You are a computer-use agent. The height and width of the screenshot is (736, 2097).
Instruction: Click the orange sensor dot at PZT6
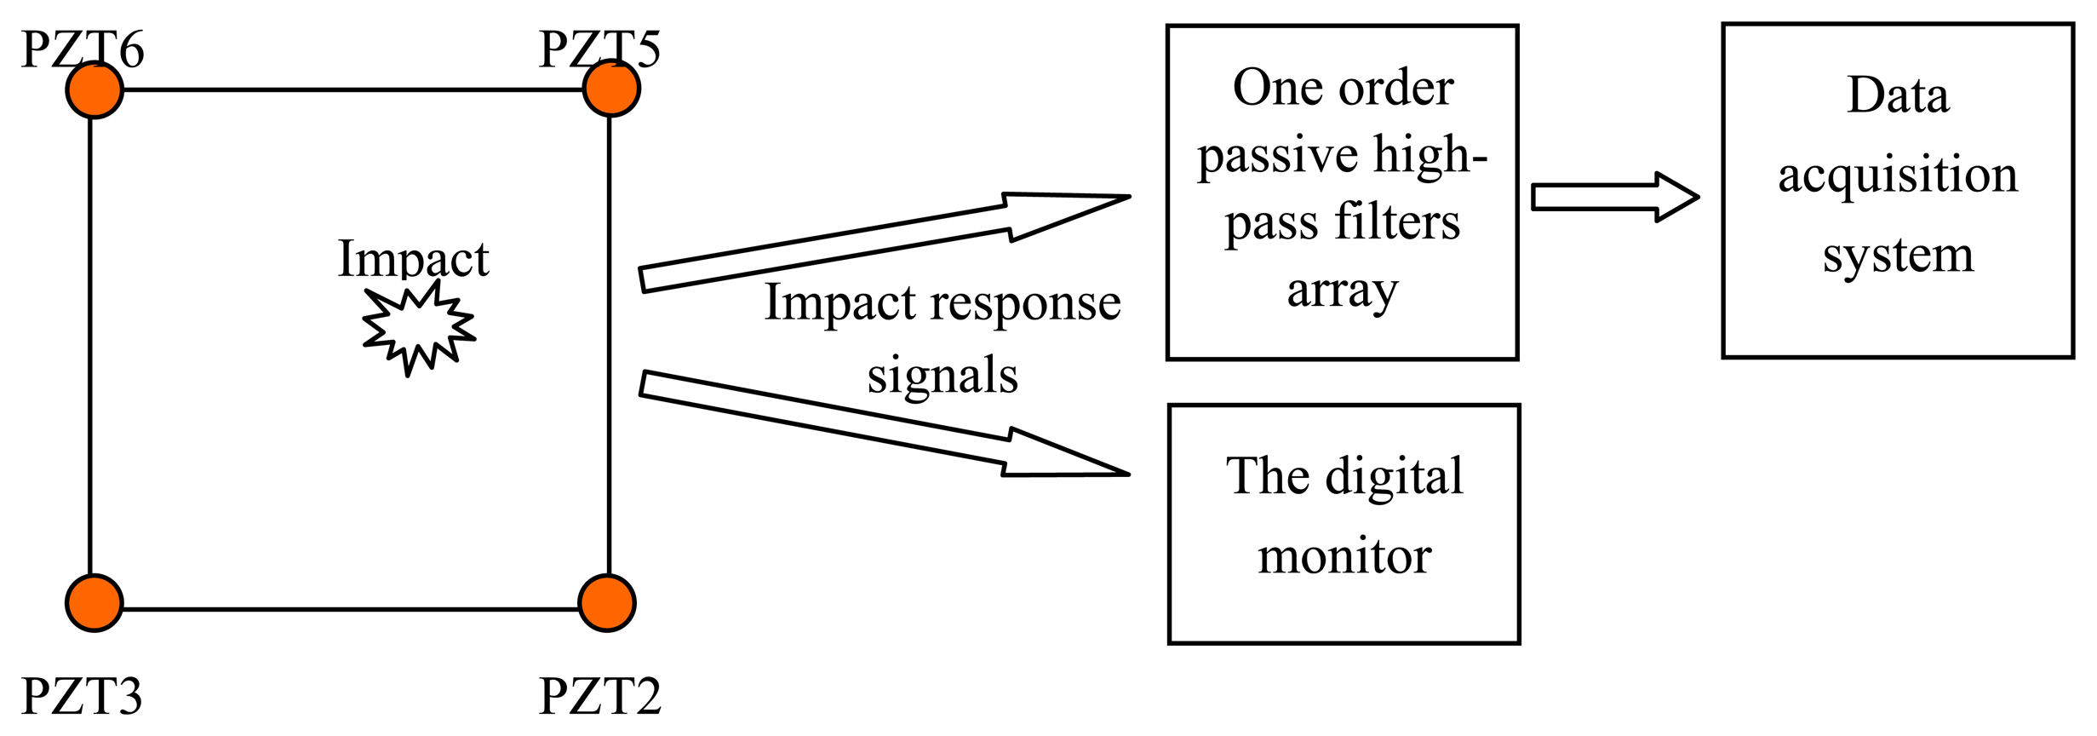[x=95, y=89]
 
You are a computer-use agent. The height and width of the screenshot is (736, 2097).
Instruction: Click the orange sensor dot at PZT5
[x=611, y=88]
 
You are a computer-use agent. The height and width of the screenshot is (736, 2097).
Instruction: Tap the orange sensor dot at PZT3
[x=95, y=603]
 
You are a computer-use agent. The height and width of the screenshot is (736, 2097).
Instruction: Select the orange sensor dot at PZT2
[x=607, y=603]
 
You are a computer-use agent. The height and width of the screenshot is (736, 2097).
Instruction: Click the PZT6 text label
[x=83, y=49]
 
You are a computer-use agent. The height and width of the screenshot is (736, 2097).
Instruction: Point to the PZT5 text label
[x=599, y=49]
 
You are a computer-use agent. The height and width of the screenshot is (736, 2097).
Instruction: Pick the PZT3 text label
[x=82, y=696]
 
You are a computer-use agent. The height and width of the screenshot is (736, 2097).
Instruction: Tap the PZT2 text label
[x=599, y=696]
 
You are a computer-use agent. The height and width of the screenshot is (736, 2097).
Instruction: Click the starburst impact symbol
[x=418, y=329]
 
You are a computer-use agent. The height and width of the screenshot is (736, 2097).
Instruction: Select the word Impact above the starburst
[x=413, y=259]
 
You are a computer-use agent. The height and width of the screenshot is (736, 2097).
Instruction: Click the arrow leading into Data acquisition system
[x=1614, y=197]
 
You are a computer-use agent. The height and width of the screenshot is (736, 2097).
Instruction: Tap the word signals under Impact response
[x=943, y=376]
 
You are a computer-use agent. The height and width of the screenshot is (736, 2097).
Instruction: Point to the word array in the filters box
[x=1342, y=291]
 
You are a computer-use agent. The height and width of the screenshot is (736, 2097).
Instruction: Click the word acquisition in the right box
[x=1898, y=176]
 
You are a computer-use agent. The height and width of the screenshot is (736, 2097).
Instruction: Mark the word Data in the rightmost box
[x=1898, y=95]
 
